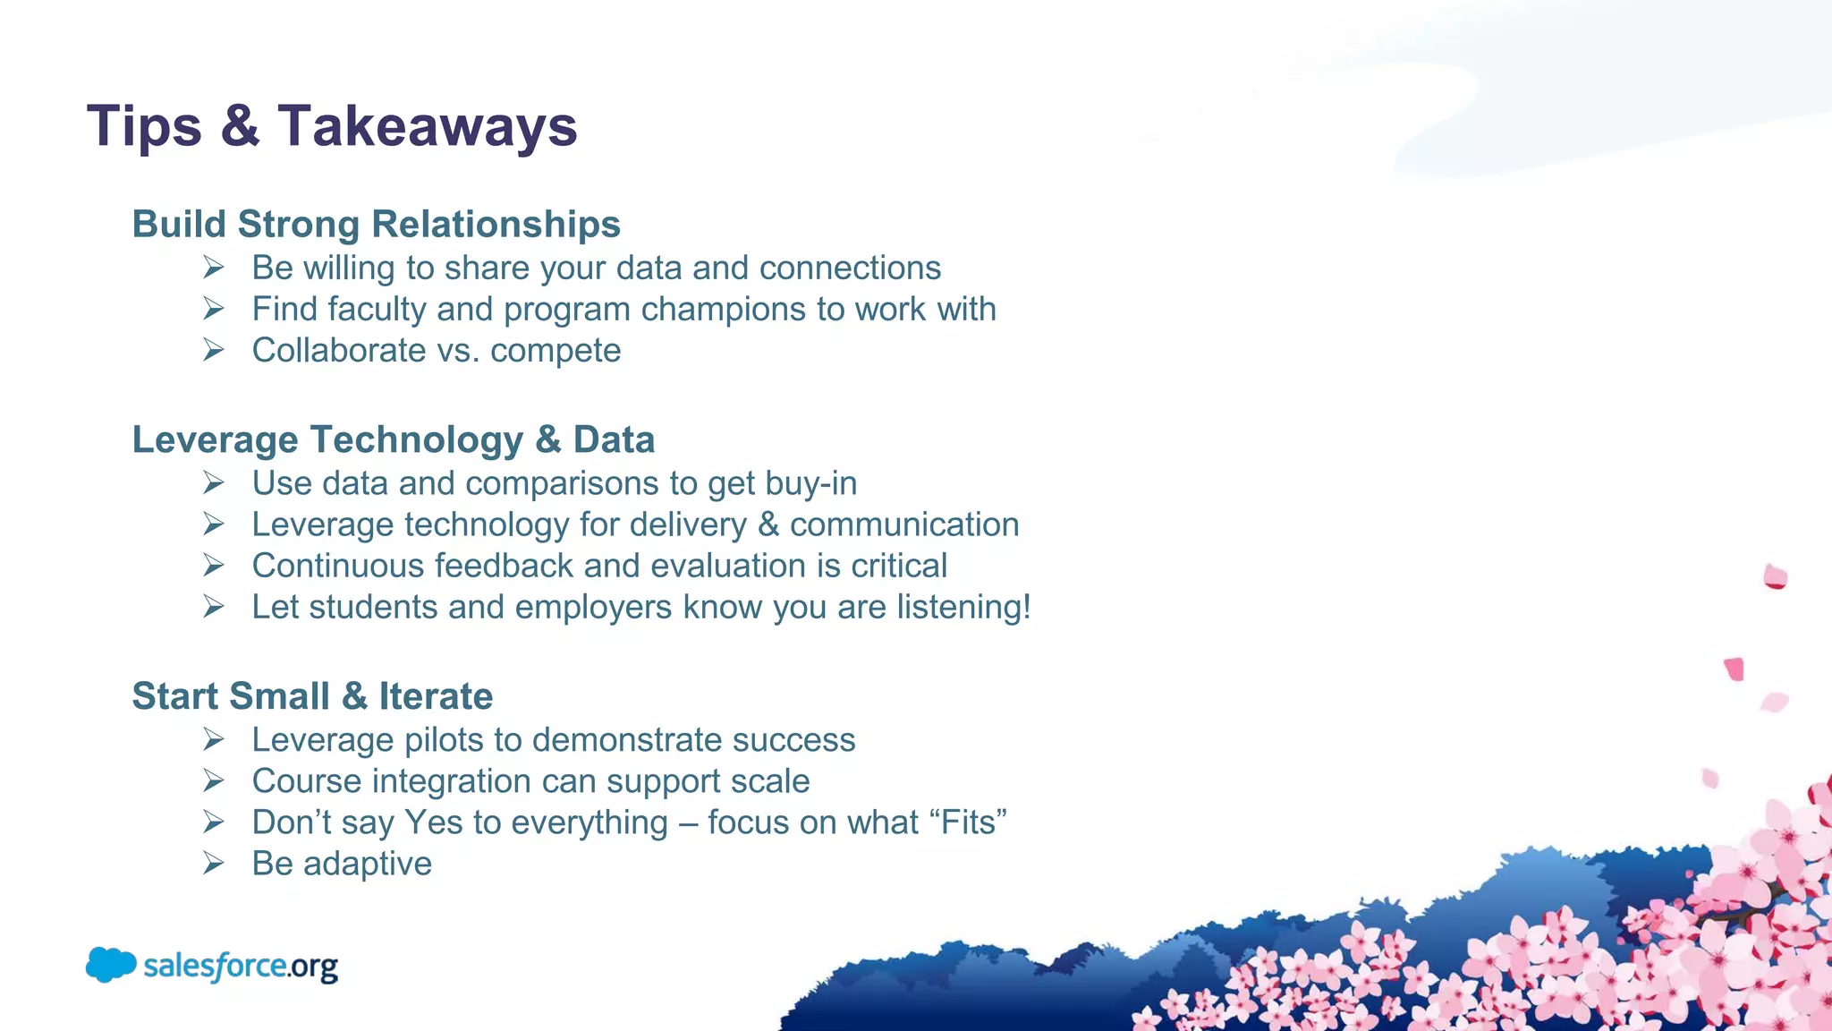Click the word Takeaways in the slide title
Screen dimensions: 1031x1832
click(428, 126)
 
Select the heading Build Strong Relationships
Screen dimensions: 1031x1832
click(376, 224)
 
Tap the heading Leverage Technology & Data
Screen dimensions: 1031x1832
click(394, 439)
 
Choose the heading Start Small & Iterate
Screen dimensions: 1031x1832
click(312, 695)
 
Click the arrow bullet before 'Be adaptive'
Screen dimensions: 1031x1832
click(213, 864)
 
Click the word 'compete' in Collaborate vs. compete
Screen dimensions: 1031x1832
click(556, 351)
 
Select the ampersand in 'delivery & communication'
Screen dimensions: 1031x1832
click(768, 524)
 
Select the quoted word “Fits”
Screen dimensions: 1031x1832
click(968, 822)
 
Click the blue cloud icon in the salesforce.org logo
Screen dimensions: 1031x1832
click(111, 965)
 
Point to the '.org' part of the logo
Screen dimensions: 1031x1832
click(313, 967)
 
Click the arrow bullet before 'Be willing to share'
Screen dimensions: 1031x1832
click(213, 268)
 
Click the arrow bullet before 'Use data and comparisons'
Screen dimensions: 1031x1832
click(213, 483)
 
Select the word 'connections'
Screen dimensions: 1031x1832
click(850, 268)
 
